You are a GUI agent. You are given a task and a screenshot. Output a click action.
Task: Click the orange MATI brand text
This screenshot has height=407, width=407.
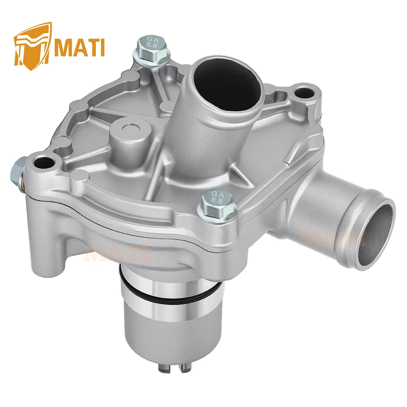(79, 47)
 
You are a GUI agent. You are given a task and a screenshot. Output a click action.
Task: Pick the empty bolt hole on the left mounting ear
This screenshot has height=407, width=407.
(45, 161)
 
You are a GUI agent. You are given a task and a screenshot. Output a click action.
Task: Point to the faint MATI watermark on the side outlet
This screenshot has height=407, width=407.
(326, 237)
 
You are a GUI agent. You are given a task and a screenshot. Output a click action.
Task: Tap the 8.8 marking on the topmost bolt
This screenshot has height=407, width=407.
(152, 47)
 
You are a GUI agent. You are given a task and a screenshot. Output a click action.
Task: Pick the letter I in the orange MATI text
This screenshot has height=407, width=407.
(102, 47)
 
